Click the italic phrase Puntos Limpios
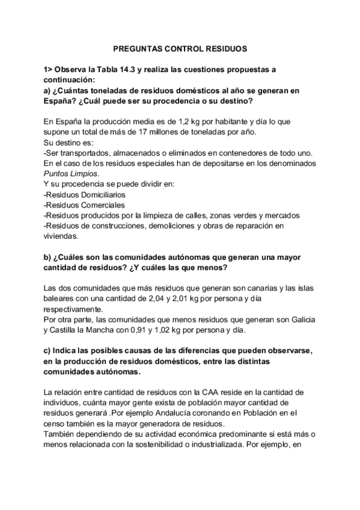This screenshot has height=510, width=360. [69, 173]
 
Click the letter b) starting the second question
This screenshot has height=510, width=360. [49, 257]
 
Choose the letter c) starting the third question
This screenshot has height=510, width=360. [48, 350]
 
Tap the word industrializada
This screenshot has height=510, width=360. [224, 446]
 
